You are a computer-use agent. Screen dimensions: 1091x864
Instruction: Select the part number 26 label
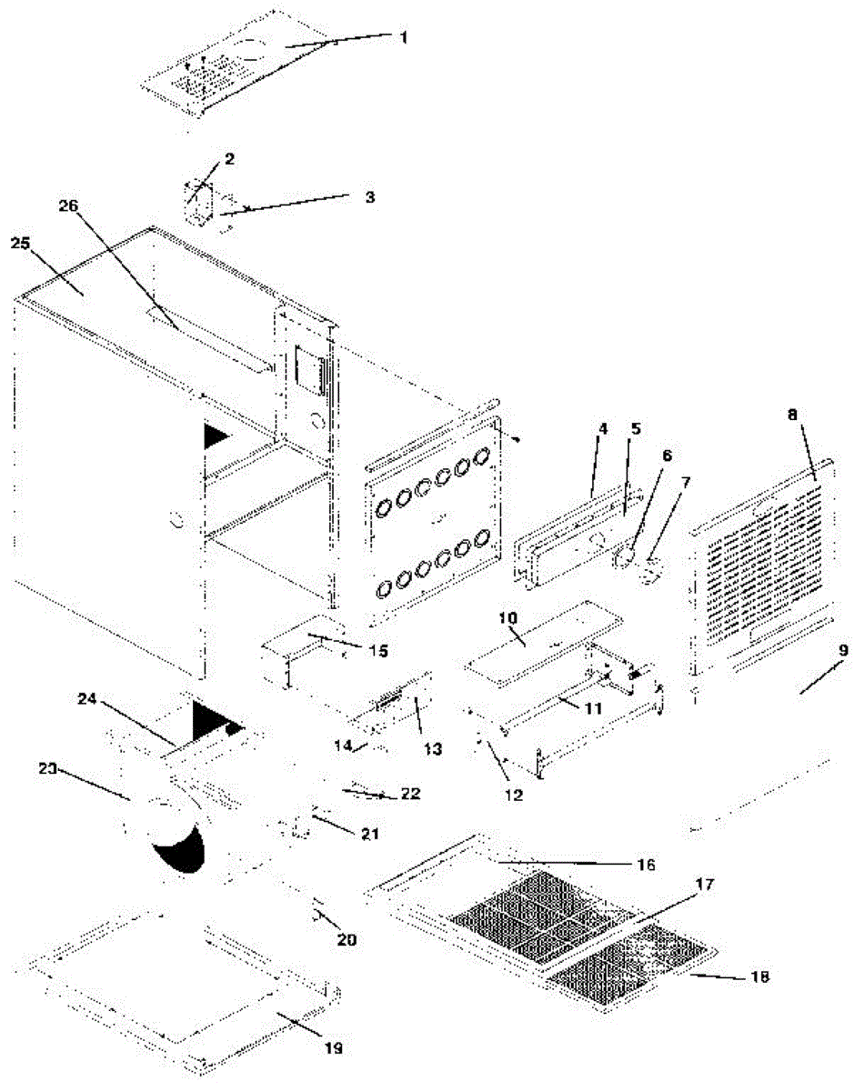point(69,205)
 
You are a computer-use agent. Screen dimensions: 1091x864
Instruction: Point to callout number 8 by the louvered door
point(793,414)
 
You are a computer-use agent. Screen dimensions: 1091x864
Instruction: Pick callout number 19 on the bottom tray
point(333,1047)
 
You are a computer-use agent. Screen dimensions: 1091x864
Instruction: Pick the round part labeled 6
point(625,557)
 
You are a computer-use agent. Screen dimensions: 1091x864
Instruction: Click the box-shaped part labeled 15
point(300,650)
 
